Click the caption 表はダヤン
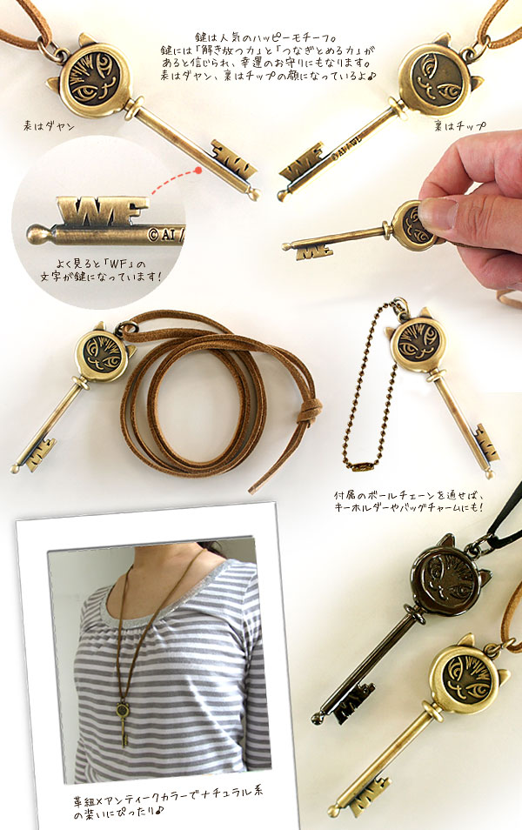49,126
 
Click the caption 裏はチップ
459,126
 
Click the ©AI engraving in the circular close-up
165,235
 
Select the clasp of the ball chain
363,466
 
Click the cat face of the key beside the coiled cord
102,353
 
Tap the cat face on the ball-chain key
418,343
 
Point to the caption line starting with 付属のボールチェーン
409,496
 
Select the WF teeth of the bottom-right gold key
366,794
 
